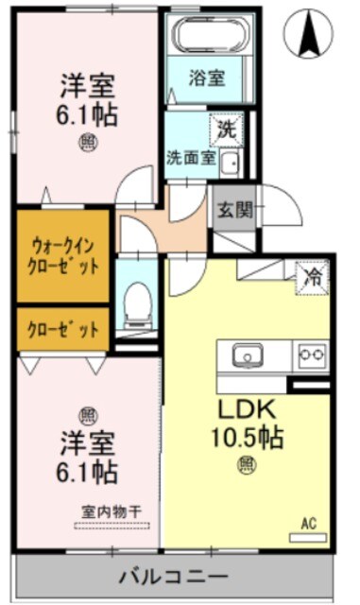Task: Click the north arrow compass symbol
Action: pyautogui.click(x=310, y=32)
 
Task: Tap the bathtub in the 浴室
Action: pyautogui.click(x=209, y=39)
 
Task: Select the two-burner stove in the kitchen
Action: pyautogui.click(x=311, y=355)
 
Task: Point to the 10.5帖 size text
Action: pyautogui.click(x=248, y=438)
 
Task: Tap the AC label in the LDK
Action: pyautogui.click(x=308, y=522)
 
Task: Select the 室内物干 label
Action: pyautogui.click(x=111, y=511)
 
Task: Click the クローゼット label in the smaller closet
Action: pyautogui.click(x=63, y=331)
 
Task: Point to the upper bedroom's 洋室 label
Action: pyautogui.click(x=86, y=87)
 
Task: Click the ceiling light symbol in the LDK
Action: pyautogui.click(x=247, y=463)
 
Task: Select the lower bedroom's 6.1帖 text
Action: pyautogui.click(x=86, y=469)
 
